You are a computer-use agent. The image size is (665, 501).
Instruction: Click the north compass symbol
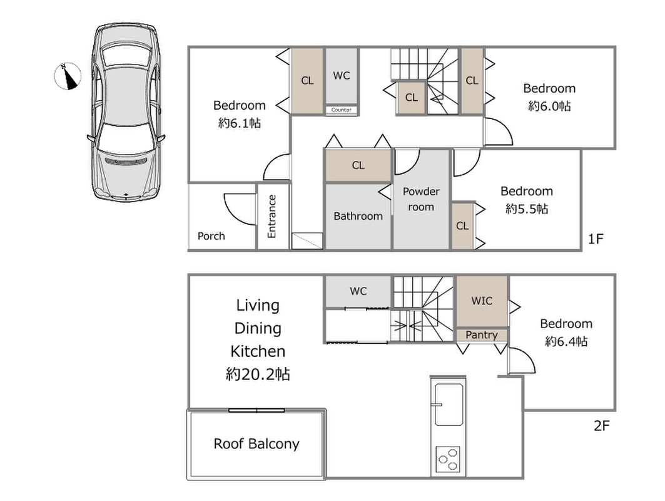(x=68, y=76)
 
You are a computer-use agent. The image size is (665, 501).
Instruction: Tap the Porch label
(x=211, y=236)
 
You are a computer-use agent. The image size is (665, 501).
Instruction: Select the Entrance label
(x=272, y=216)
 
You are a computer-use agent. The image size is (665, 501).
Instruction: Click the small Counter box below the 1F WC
(x=342, y=110)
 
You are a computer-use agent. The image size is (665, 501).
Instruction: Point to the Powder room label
(x=421, y=199)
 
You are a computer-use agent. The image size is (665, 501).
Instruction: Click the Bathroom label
(x=358, y=216)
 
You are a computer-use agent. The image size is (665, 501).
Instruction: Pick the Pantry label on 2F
(x=481, y=335)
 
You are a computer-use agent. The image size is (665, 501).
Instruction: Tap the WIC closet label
(x=482, y=301)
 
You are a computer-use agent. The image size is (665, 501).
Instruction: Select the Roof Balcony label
(x=256, y=443)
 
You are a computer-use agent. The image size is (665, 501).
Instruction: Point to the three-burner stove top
(x=449, y=459)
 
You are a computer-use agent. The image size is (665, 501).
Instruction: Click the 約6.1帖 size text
(x=240, y=123)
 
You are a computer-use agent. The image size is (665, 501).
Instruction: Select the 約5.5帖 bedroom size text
(x=527, y=209)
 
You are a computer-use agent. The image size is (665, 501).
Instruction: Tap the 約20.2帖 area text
(x=258, y=374)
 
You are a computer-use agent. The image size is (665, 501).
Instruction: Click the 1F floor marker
(x=596, y=239)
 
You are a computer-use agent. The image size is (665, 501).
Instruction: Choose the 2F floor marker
(x=602, y=425)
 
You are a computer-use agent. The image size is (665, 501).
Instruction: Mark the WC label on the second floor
(x=358, y=291)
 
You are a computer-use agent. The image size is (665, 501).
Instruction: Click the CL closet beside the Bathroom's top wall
(x=358, y=165)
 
